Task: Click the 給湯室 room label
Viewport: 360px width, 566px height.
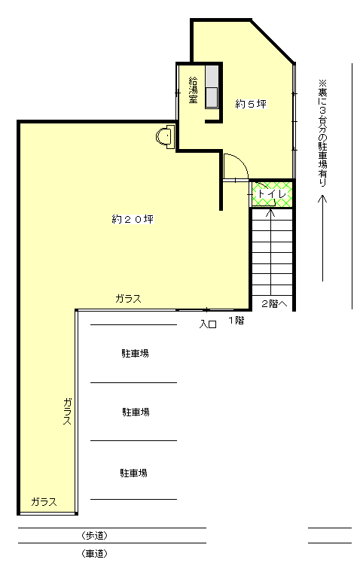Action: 194,90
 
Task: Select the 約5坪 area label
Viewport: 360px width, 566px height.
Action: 252,103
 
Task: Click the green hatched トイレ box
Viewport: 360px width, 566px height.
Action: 270,194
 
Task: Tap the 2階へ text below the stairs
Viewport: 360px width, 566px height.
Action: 274,304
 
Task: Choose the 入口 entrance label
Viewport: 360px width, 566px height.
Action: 208,324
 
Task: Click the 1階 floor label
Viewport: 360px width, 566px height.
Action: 236,320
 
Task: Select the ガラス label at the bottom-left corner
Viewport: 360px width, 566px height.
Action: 44,502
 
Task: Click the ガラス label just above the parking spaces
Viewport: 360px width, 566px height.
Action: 128,299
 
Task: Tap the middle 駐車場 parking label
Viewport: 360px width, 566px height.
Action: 136,412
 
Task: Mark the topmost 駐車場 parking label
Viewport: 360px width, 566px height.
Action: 135,352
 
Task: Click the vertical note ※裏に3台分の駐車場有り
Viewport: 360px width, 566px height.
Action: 323,132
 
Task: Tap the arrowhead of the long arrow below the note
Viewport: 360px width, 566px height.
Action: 322,199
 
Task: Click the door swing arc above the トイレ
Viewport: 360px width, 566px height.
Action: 233,165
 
